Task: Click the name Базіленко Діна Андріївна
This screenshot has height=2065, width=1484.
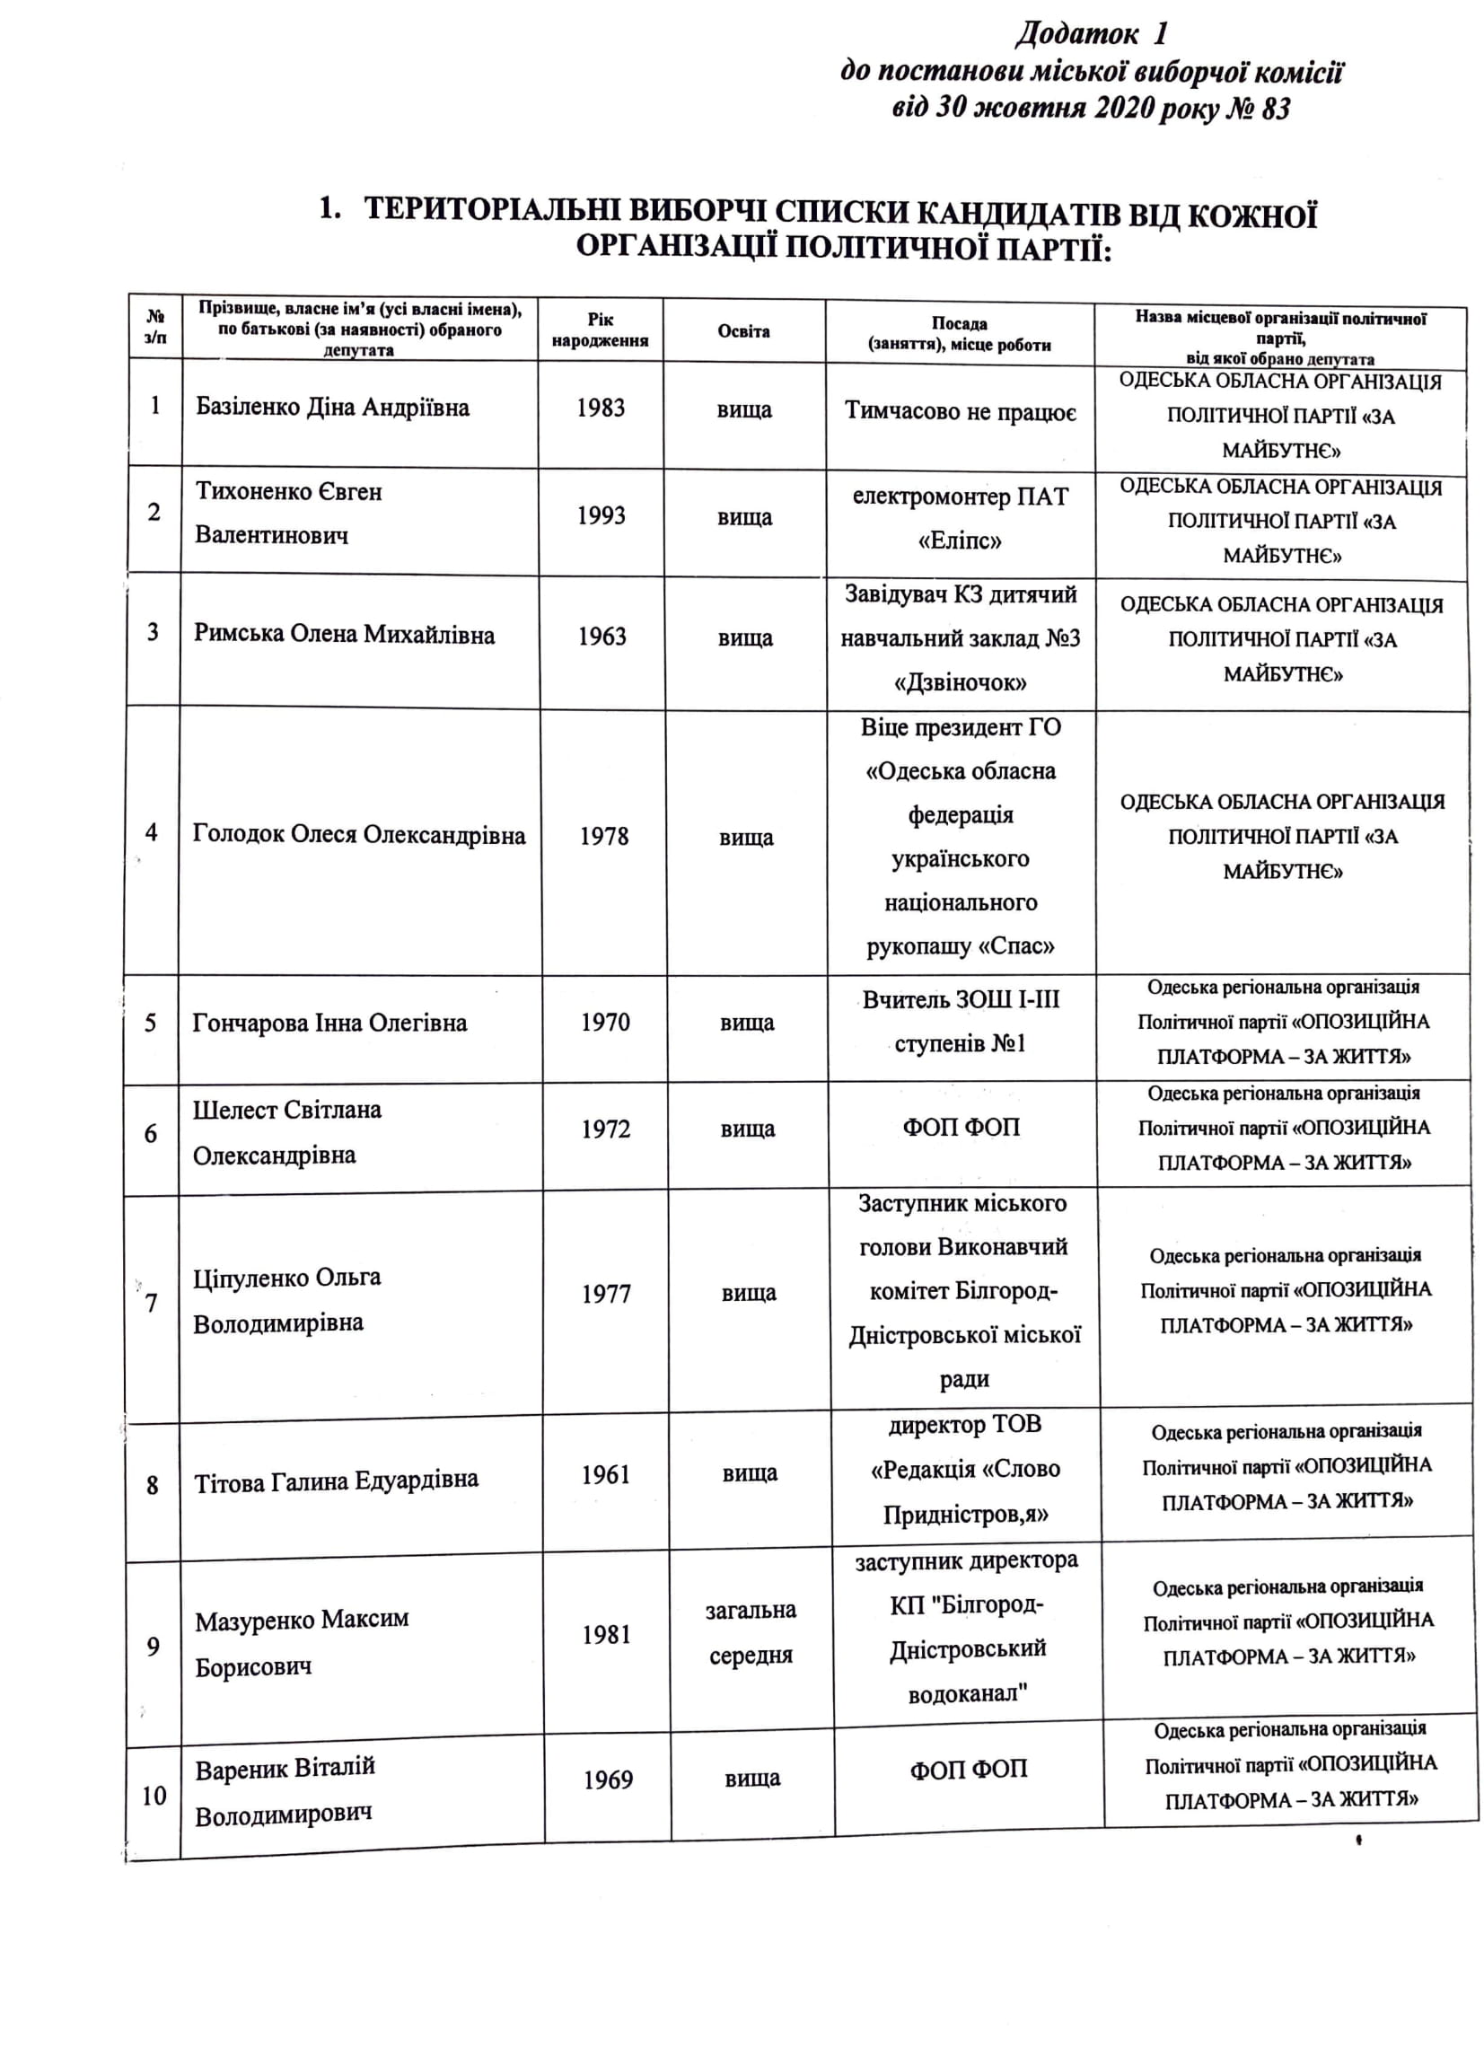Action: pos(332,407)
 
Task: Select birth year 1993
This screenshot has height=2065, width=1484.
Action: pos(601,515)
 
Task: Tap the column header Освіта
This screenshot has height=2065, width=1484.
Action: pos(743,331)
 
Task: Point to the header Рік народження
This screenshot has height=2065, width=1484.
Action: pos(600,330)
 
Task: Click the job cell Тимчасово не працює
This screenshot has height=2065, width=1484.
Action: pos(961,411)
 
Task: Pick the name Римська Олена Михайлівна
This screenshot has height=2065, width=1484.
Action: pos(344,634)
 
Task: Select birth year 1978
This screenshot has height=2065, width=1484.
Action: pos(603,836)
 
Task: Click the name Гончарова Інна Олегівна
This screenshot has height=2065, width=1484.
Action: pos(329,1023)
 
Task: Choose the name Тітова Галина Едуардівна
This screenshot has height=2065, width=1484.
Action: pos(336,1482)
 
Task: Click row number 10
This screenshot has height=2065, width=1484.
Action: pos(154,1795)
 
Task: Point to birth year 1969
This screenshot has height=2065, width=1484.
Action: pos(607,1779)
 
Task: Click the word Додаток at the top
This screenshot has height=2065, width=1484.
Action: pos(1076,35)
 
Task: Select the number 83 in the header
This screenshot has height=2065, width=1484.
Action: pos(1276,110)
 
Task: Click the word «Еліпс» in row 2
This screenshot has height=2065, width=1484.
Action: pos(960,541)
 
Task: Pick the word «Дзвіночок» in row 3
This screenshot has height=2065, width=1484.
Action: pos(961,683)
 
